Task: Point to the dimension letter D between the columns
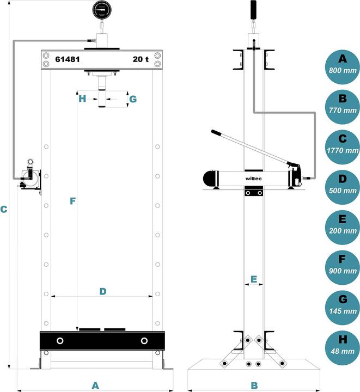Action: (x=102, y=291)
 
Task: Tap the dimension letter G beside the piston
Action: (x=132, y=99)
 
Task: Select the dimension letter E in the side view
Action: (x=253, y=279)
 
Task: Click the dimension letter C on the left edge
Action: (x=4, y=209)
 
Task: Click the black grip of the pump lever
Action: (x=217, y=133)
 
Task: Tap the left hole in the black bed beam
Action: (x=59, y=341)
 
